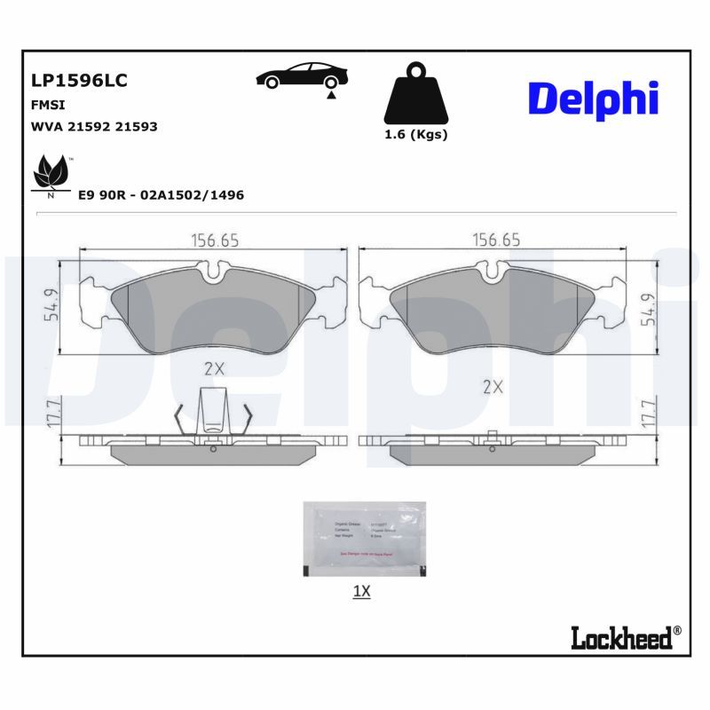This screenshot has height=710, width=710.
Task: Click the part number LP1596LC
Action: [x=80, y=81]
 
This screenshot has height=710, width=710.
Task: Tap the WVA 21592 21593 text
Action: [x=94, y=126]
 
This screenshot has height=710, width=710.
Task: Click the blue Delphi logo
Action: [x=593, y=99]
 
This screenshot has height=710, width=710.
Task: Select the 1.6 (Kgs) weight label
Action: [x=415, y=135]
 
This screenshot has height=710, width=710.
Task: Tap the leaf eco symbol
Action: [x=51, y=174]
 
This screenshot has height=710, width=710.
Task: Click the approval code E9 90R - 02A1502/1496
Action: [x=161, y=194]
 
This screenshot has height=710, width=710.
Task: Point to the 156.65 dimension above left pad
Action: [x=214, y=240]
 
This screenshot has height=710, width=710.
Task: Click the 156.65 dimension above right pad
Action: [x=495, y=240]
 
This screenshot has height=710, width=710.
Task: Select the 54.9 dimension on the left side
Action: [x=51, y=304]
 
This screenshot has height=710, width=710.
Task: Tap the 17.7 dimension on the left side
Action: [x=51, y=414]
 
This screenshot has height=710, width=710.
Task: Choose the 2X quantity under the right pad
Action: [x=493, y=386]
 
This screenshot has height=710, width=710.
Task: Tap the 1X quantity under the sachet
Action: [x=360, y=591]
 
